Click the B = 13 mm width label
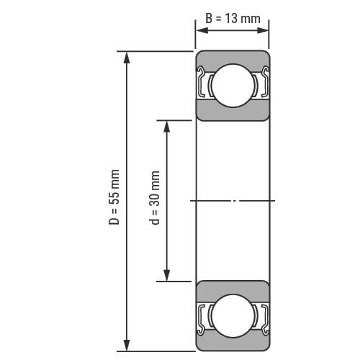click(x=233, y=19)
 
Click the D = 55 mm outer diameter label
click(x=114, y=197)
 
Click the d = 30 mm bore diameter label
click(x=156, y=197)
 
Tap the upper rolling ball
click(x=233, y=86)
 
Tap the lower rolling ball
click(x=233, y=316)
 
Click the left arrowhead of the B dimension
click(x=202, y=30)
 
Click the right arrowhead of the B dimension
click(x=262, y=30)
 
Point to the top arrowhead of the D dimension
click(x=127, y=58)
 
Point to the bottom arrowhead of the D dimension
click(x=127, y=345)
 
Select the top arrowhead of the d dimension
click(x=166, y=127)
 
